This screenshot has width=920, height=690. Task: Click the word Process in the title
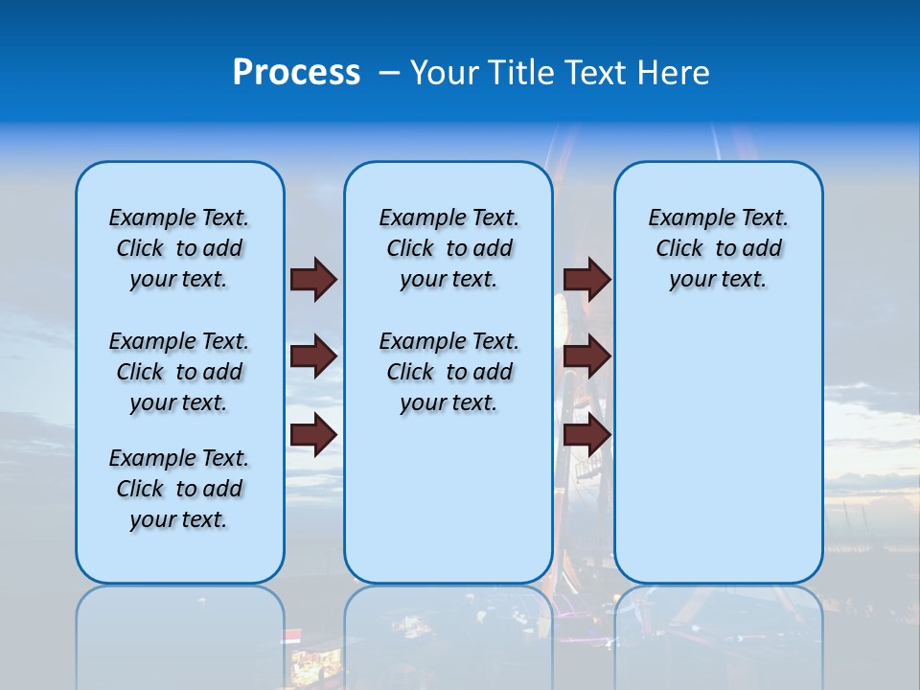[x=296, y=72]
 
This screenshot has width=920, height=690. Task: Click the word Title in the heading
[x=523, y=72]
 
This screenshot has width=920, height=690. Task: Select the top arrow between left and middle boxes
[x=313, y=279]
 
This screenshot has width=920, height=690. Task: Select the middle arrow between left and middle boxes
[x=313, y=357]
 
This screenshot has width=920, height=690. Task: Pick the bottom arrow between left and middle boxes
[x=313, y=435]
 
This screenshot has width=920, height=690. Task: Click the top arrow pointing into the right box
[x=586, y=279]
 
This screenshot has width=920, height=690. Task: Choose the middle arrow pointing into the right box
[x=586, y=357]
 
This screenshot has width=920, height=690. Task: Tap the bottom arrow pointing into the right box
[x=586, y=435]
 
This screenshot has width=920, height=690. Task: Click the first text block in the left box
[x=179, y=248]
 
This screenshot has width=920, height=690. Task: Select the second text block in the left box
[x=179, y=372]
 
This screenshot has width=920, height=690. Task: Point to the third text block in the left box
[x=179, y=489]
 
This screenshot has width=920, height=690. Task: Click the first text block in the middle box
[x=448, y=248]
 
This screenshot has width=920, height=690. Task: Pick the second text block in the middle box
[x=448, y=372]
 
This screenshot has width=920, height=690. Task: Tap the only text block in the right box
[x=718, y=248]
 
